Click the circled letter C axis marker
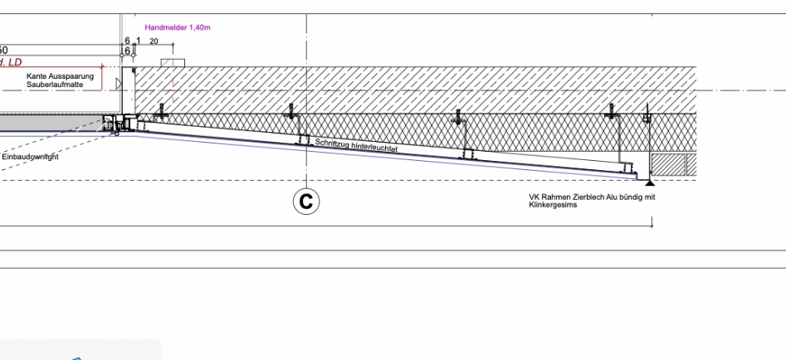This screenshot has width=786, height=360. click(x=307, y=201)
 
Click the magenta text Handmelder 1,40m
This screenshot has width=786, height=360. click(x=178, y=28)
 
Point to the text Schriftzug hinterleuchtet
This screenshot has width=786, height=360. click(x=358, y=145)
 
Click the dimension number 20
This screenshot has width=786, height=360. click(x=154, y=41)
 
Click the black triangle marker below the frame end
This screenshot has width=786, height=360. click(x=650, y=182)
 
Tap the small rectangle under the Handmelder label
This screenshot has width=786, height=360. click(x=173, y=64)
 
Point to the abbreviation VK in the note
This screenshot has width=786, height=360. click(x=535, y=197)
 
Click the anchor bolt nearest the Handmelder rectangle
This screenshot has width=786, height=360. click(x=164, y=110)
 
